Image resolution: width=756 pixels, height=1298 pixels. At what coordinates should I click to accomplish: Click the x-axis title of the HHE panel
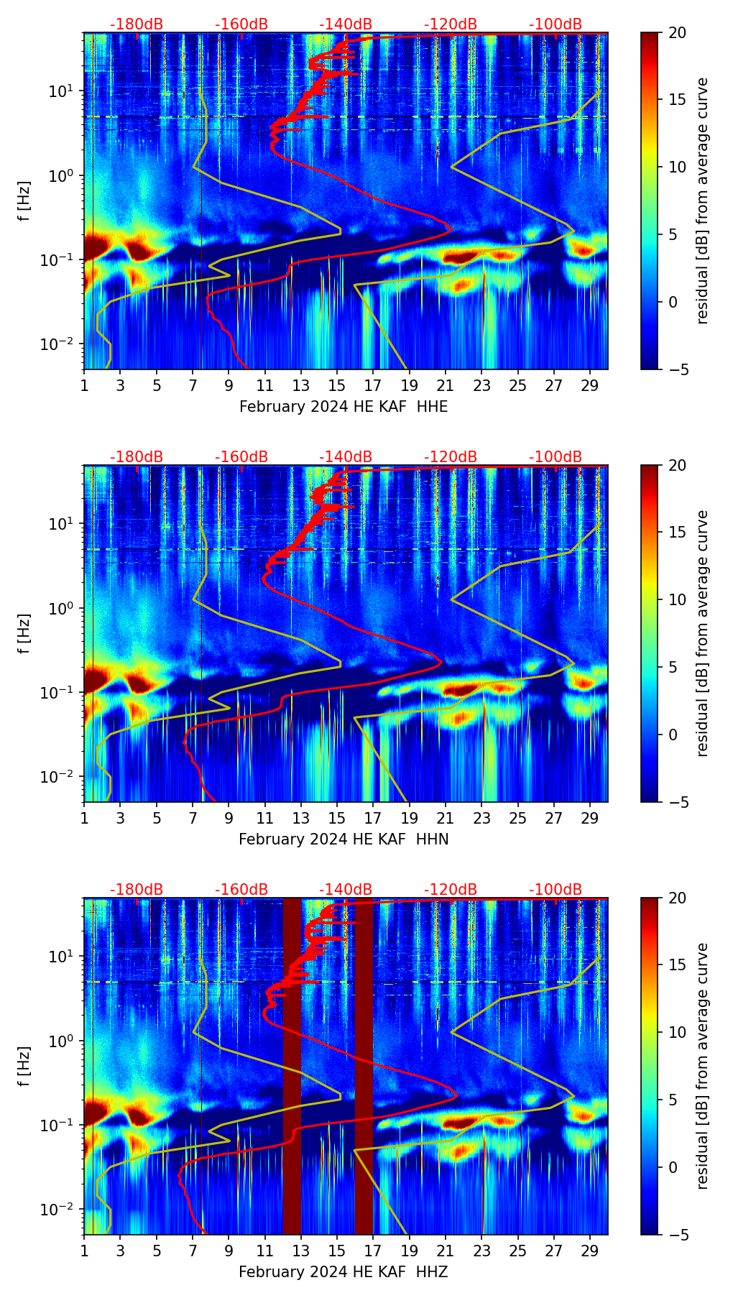[344, 407]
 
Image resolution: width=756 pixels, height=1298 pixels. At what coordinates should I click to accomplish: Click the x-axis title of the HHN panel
[344, 839]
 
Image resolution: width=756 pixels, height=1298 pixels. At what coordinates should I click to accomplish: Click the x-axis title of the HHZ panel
[344, 1272]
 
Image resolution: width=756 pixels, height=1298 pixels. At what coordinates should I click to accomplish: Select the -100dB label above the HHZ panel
[556, 890]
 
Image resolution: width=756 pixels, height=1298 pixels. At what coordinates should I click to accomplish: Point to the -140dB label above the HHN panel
[346, 457]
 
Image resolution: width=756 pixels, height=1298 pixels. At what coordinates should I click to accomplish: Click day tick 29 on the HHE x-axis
[590, 385]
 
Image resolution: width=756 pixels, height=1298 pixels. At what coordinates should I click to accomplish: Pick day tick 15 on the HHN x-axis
[337, 818]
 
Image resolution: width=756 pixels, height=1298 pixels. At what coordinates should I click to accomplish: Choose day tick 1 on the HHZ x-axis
[84, 1251]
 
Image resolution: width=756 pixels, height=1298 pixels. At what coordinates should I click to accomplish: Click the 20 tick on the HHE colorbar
[676, 32]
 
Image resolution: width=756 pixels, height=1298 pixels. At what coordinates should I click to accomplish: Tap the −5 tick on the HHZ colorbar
[676, 1235]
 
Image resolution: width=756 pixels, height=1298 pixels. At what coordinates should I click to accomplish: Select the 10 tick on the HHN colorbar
[676, 599]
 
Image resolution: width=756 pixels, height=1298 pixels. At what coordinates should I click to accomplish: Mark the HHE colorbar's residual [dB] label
[702, 201]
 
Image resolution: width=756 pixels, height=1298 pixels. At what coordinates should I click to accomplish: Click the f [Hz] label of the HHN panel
[24, 633]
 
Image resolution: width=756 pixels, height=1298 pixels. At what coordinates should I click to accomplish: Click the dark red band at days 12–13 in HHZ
[292, 1064]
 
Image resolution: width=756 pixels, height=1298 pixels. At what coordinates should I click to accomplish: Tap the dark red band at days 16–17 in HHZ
[364, 1064]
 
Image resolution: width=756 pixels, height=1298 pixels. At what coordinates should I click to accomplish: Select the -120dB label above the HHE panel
[451, 24]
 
